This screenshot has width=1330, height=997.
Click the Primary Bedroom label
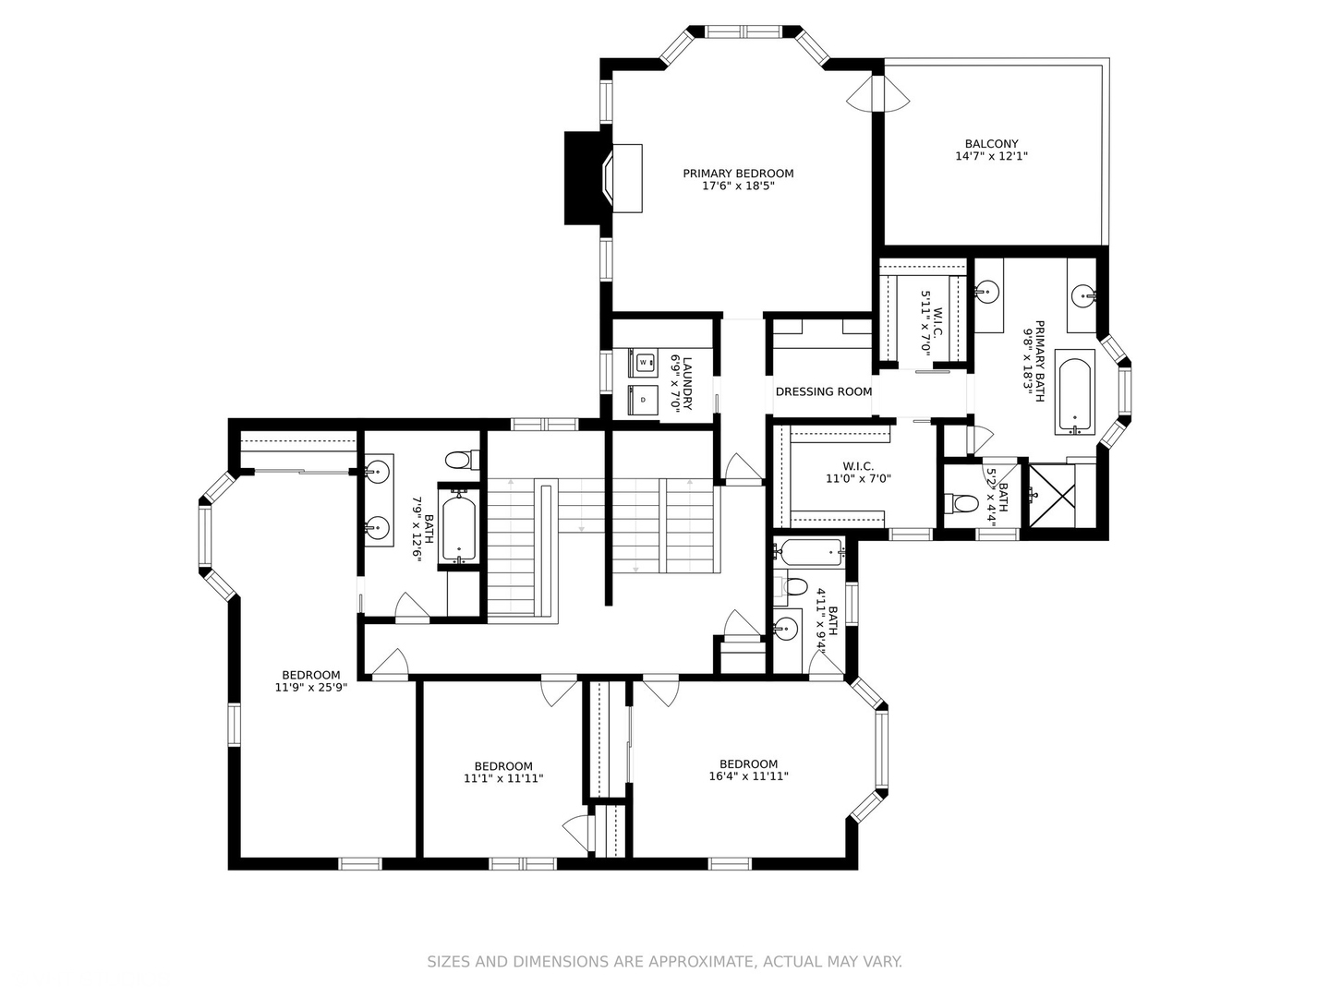point(738,174)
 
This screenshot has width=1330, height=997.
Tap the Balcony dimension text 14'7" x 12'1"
point(991,157)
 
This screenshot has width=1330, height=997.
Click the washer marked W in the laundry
point(644,363)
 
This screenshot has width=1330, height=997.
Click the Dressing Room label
point(824,391)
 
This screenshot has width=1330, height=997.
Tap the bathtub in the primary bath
point(1073,395)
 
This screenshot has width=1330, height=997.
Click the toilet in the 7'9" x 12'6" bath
point(460,459)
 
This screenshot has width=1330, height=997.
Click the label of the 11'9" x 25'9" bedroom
point(311,676)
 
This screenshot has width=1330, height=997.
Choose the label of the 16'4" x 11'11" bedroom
point(748,764)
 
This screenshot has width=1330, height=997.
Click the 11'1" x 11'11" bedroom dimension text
point(503,779)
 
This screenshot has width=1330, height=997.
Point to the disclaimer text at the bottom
point(664,962)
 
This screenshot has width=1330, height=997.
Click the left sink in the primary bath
point(987,294)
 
